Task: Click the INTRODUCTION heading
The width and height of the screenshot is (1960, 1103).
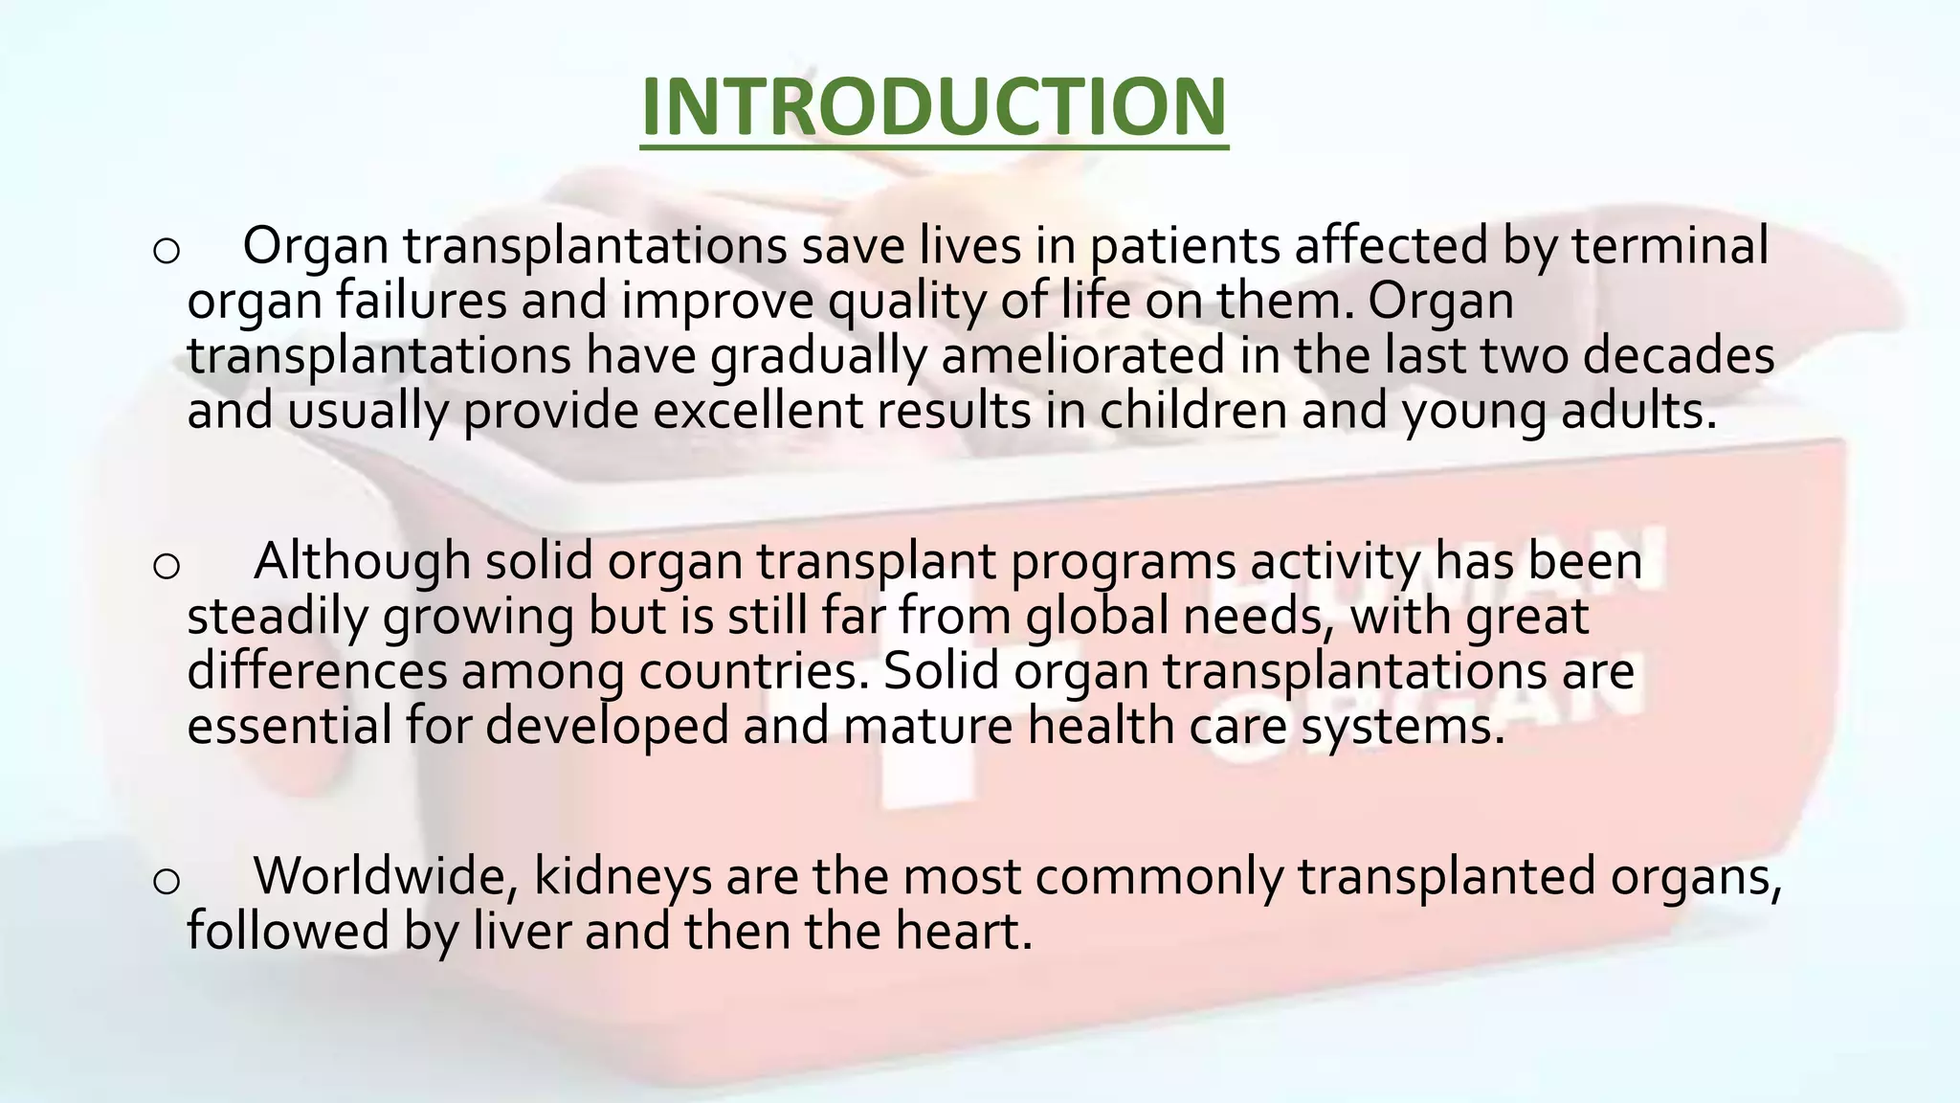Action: pos(933,106)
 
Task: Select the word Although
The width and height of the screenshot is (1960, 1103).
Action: pos(362,562)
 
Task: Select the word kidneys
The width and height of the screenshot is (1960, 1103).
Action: pos(622,878)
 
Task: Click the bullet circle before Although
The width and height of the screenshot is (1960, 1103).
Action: pos(166,566)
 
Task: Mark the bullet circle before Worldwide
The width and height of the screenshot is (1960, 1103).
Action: pos(166,881)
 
